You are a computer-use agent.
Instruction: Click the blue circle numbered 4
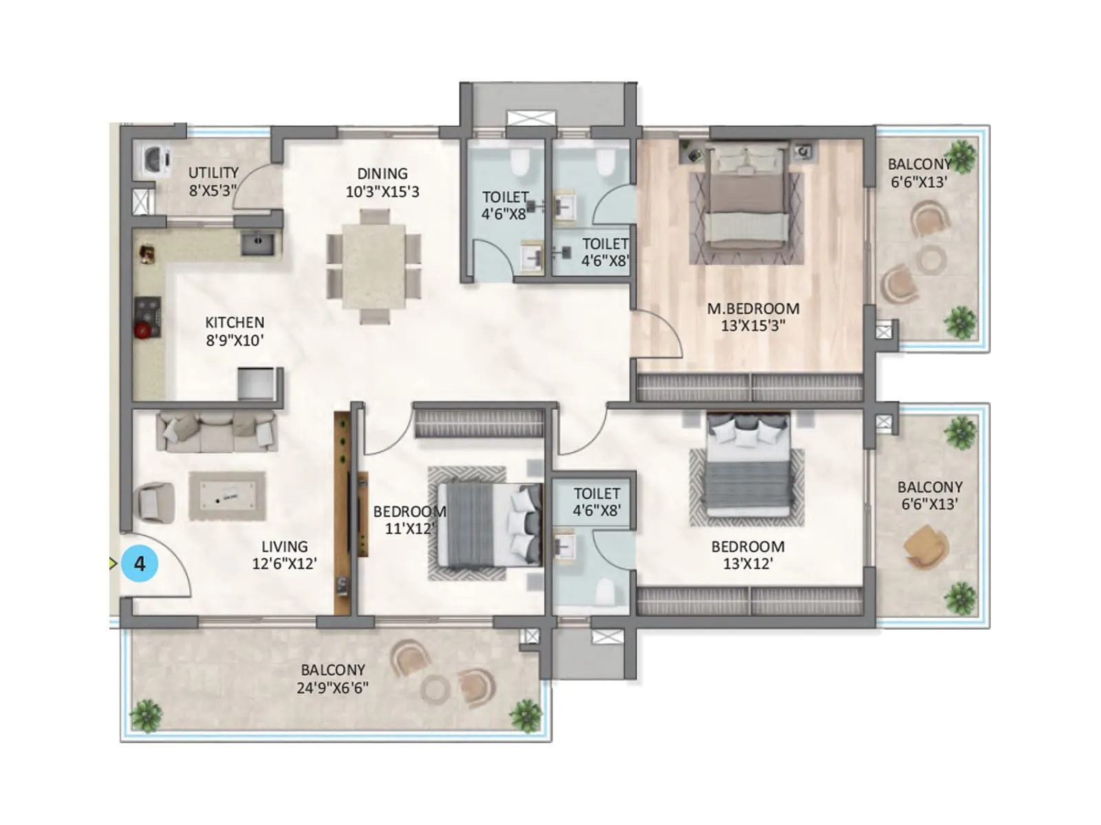click(x=140, y=564)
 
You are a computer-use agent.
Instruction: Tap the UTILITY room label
click(x=213, y=181)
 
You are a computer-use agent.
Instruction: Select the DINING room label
click(x=382, y=182)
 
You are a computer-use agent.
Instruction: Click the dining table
click(x=374, y=265)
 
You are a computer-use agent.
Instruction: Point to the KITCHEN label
click(x=235, y=331)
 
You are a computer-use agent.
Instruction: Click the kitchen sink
click(x=257, y=243)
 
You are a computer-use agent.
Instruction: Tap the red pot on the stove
click(x=143, y=331)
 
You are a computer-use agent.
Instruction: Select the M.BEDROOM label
click(x=753, y=317)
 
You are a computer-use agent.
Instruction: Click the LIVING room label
click(x=284, y=555)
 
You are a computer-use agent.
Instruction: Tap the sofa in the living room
click(x=216, y=432)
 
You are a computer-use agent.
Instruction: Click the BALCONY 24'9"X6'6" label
click(x=333, y=679)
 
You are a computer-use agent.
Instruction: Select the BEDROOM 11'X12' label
click(x=409, y=520)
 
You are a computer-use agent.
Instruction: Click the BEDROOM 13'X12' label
click(x=748, y=555)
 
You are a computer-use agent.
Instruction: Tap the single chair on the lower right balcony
click(x=926, y=547)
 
